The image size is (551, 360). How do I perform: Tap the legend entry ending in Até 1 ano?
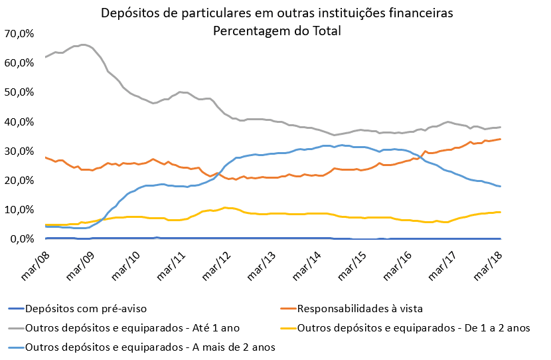click(132, 327)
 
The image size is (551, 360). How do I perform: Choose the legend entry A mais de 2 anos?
click(149, 346)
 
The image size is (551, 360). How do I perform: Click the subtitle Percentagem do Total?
click(275, 31)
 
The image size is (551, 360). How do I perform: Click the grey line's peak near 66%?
click(82, 45)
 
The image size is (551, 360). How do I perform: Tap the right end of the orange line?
click(500, 139)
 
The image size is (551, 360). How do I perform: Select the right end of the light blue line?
click(500, 187)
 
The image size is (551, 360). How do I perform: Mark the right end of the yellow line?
click(500, 212)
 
